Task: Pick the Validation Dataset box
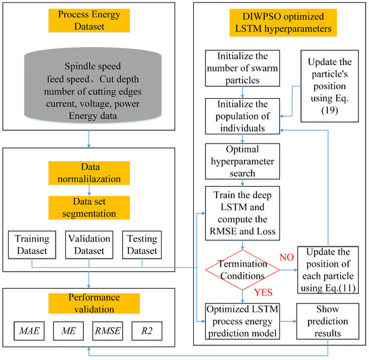click(x=89, y=243)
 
